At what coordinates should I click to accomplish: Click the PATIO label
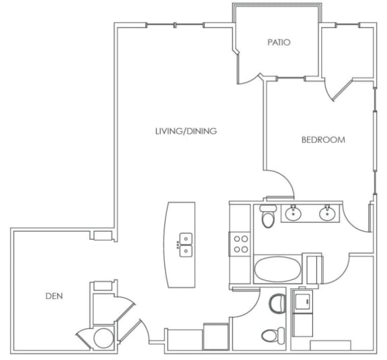[x=278, y=42]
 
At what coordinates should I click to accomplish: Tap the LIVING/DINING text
[x=185, y=132]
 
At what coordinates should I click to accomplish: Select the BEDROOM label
[x=322, y=140]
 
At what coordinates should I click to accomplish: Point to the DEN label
[x=54, y=295]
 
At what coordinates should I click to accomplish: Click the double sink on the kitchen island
[x=185, y=244]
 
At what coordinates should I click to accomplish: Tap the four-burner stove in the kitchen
[x=240, y=243]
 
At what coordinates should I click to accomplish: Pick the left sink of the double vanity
[x=293, y=214]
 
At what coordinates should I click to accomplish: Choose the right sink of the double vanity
[x=327, y=214]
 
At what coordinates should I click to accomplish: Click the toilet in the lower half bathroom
[x=271, y=335]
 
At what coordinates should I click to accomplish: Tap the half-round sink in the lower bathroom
[x=277, y=304]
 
